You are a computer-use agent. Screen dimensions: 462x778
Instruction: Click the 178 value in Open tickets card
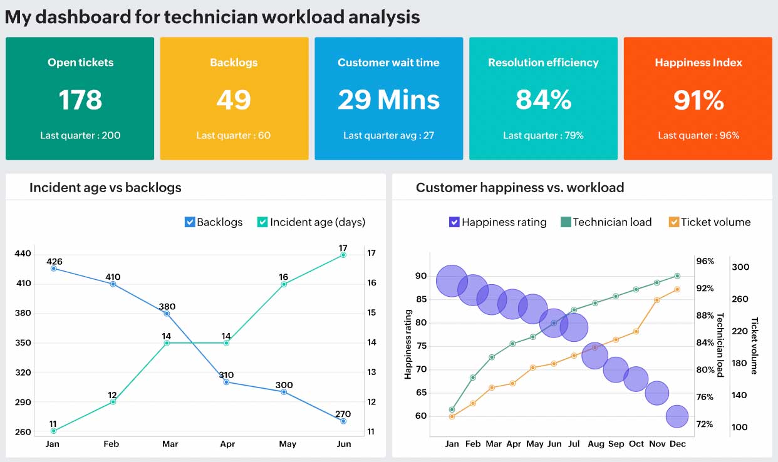(80, 100)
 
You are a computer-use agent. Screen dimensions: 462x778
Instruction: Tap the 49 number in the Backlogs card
(234, 100)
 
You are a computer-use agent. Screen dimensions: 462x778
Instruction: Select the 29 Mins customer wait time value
(388, 100)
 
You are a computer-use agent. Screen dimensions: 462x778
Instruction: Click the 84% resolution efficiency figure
(543, 100)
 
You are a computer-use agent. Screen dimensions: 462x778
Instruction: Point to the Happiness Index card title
(698, 63)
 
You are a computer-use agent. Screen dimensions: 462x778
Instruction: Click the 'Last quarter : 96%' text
(698, 135)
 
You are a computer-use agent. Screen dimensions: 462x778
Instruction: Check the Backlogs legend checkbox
(190, 222)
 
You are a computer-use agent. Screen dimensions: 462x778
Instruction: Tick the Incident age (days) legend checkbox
(262, 222)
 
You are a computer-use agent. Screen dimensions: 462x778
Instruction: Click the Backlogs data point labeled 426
(54, 269)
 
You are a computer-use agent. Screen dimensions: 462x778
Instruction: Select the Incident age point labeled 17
(343, 255)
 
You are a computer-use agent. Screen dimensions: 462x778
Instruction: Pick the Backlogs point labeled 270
(343, 421)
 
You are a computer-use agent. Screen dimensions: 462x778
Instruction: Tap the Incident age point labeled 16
(284, 284)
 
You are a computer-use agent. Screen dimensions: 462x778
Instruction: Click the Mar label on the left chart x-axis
(170, 444)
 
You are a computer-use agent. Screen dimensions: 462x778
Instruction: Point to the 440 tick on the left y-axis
(23, 254)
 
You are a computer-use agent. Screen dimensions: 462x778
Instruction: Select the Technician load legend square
(566, 222)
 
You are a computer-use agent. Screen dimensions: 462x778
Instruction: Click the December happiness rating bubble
(677, 416)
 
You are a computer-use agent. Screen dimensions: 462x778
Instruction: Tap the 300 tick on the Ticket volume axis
(740, 267)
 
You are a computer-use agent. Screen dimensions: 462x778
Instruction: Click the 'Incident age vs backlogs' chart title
(105, 187)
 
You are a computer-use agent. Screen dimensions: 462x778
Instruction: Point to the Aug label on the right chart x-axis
(596, 444)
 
